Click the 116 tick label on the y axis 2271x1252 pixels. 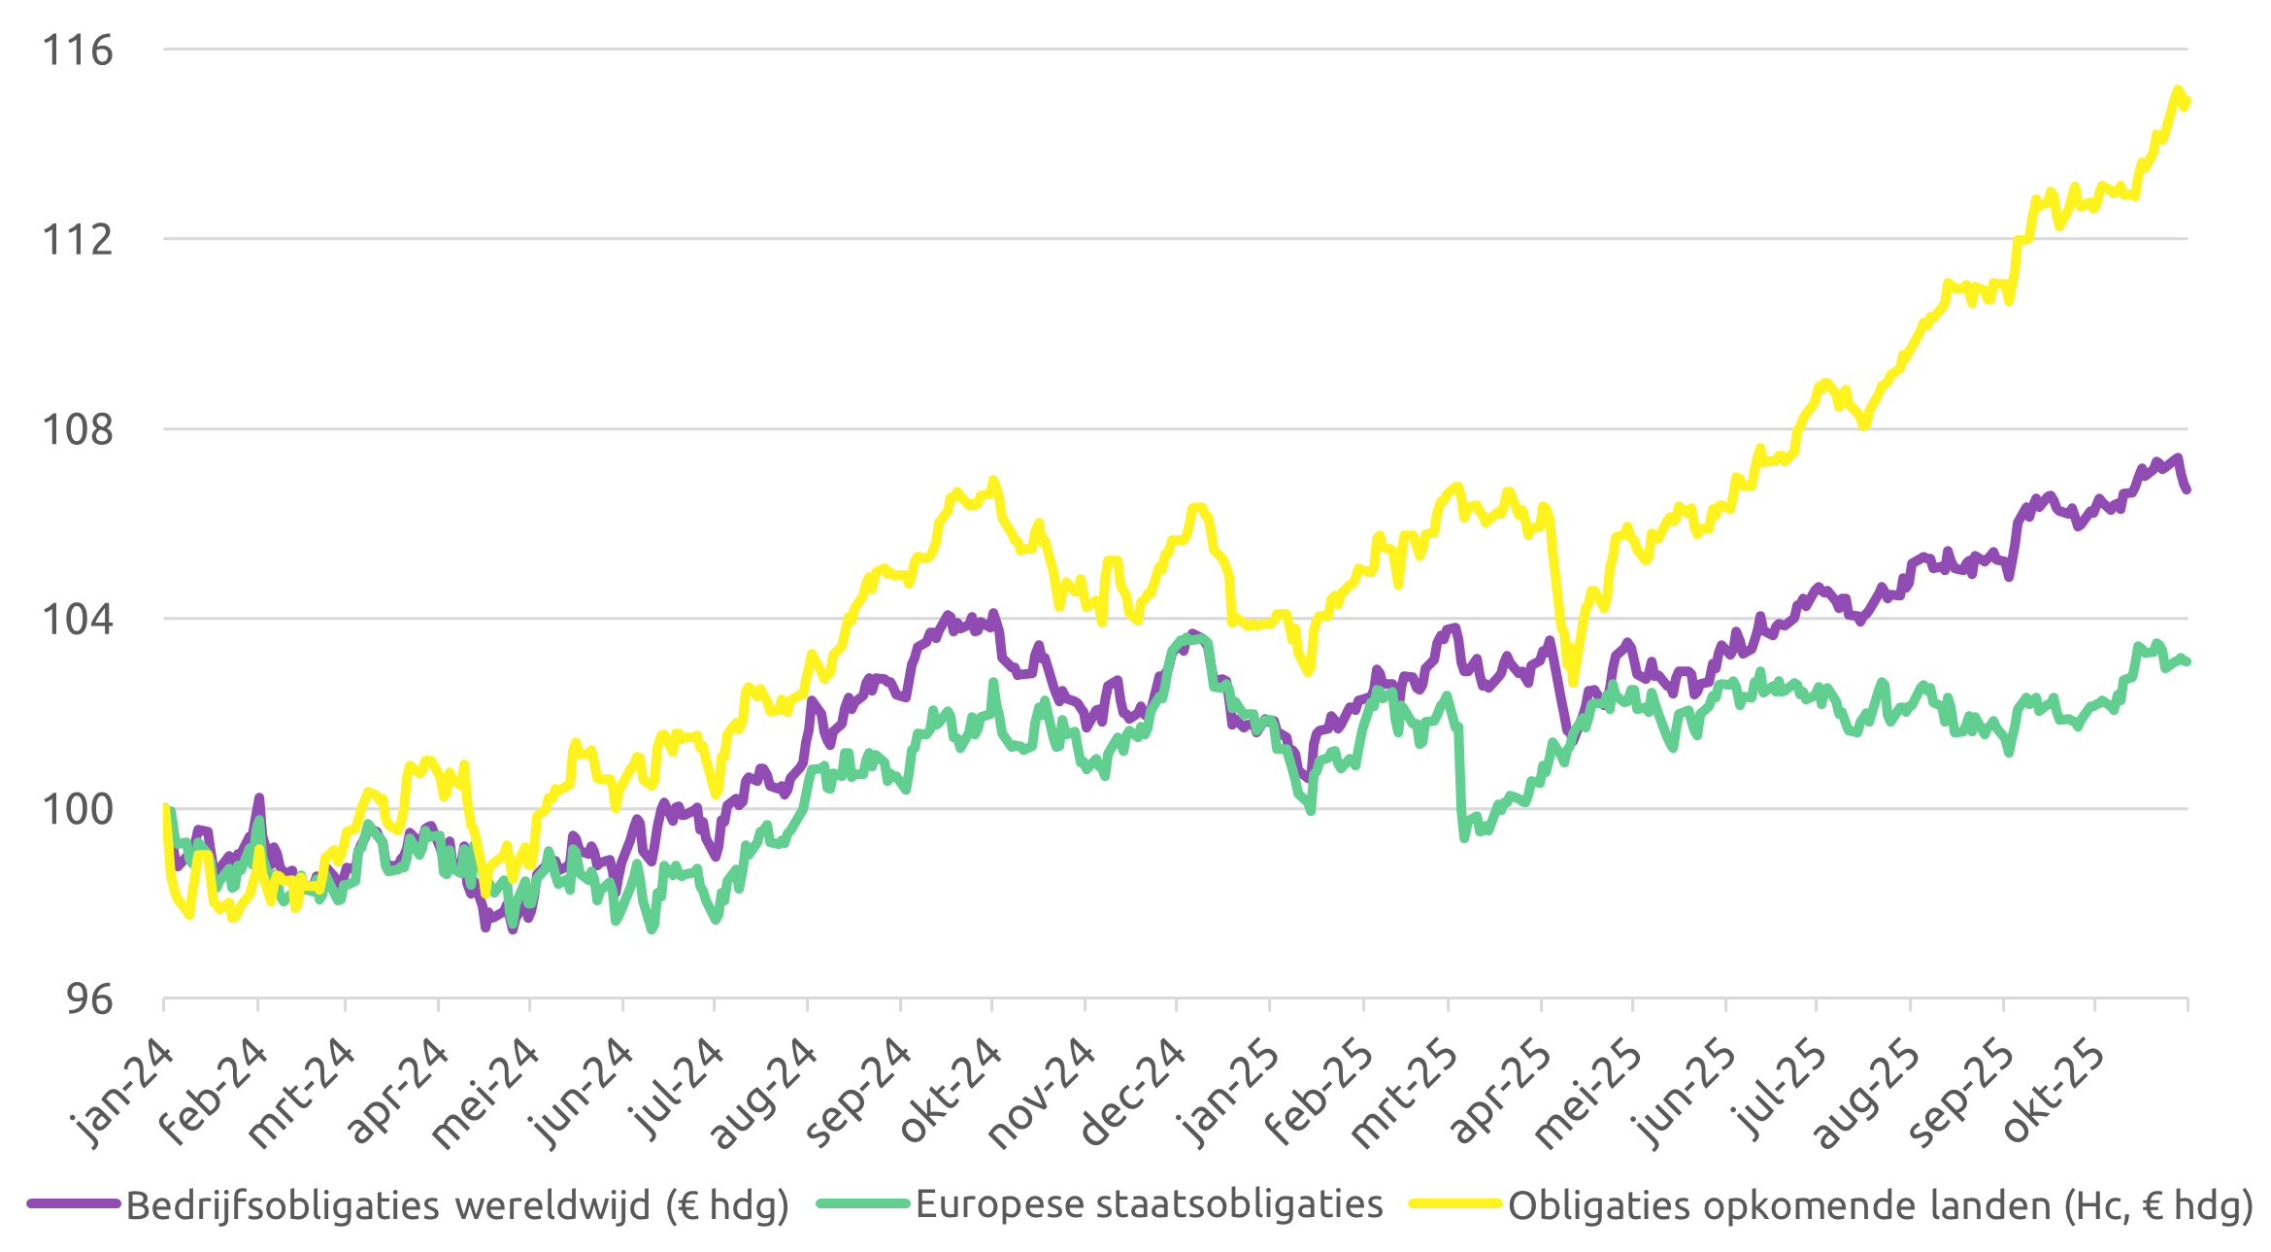77,50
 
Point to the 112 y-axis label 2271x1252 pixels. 77,239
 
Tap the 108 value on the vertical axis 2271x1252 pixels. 77,428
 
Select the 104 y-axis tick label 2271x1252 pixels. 77,619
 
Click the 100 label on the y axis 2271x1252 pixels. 77,809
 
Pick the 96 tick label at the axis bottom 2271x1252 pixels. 88,998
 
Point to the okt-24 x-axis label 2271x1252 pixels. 950,1090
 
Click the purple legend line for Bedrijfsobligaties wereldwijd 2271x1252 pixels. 73,1204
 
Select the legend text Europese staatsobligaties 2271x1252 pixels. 1149,1204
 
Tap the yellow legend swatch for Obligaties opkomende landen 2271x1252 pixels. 1456,1204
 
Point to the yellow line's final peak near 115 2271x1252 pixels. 2178,90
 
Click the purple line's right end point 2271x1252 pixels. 2187,491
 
